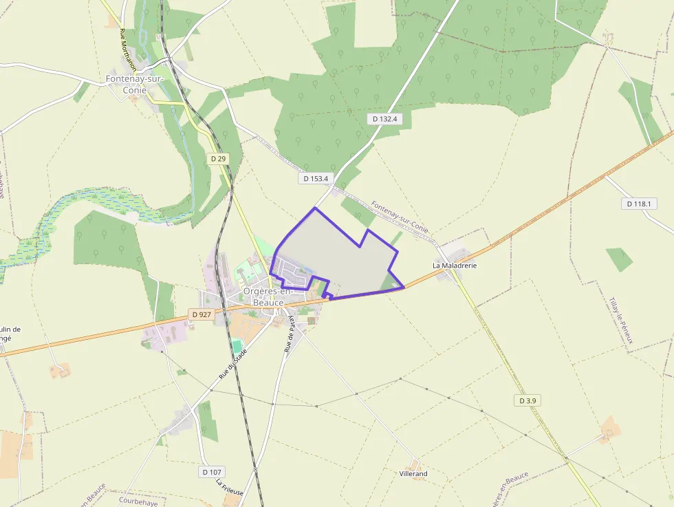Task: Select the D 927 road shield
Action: pos(202,314)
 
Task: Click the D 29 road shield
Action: pos(218,158)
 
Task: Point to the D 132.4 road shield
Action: pos(385,118)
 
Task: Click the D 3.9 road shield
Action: pos(528,400)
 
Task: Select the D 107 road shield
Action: pos(213,472)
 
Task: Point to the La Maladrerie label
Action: pos(455,265)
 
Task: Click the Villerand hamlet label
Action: pos(413,474)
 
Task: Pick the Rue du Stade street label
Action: pos(232,364)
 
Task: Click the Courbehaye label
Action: pos(138,502)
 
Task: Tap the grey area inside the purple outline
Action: pos(337,248)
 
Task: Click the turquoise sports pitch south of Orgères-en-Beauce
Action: pos(237,346)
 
